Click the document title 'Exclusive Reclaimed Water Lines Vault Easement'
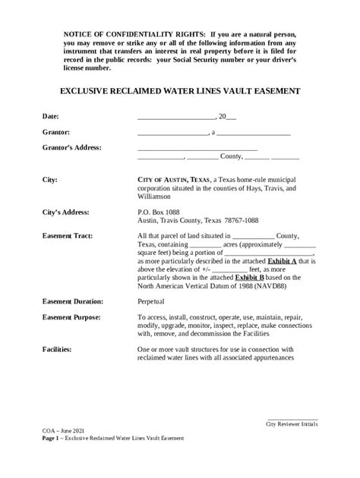point(180,90)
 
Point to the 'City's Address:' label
point(66,212)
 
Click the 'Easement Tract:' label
point(68,236)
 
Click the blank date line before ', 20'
point(176,118)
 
